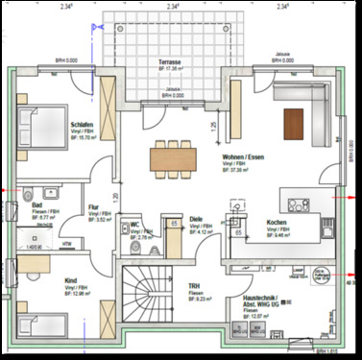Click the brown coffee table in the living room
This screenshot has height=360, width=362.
click(x=294, y=120)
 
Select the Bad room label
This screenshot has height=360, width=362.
click(x=36, y=205)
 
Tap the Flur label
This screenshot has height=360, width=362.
click(x=93, y=205)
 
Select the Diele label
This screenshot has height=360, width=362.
click(x=195, y=218)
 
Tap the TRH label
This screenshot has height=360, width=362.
click(x=193, y=285)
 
